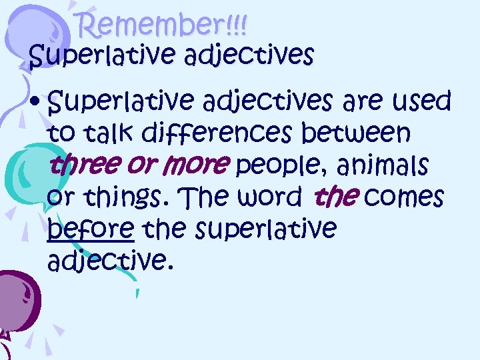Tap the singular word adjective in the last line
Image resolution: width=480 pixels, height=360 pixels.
click(110, 259)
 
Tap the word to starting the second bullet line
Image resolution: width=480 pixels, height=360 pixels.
click(61, 133)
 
